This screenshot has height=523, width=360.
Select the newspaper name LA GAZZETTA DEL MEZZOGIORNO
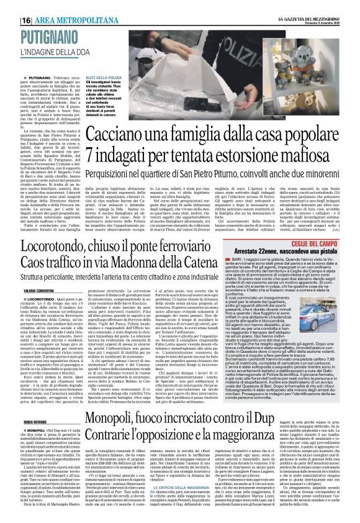point(308,19)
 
